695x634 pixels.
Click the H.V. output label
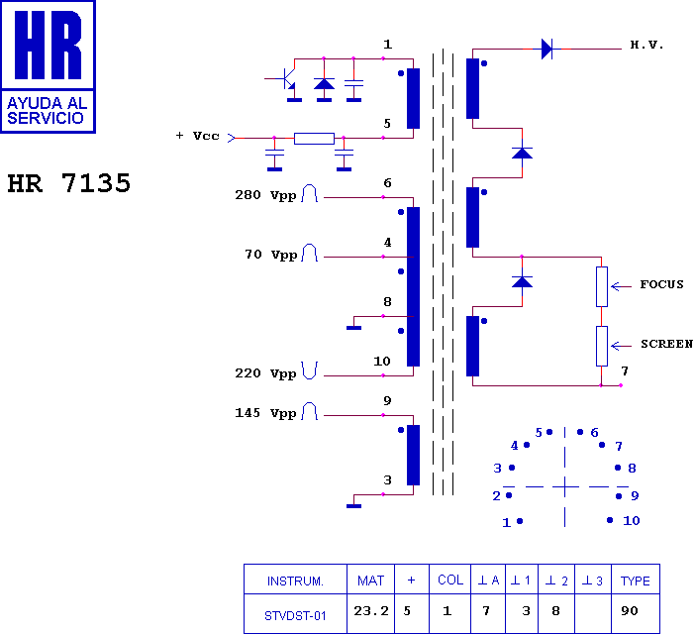click(x=646, y=45)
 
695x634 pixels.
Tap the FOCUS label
click(x=661, y=284)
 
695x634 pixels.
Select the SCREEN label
click(x=666, y=344)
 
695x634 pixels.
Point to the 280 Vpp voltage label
click(x=265, y=195)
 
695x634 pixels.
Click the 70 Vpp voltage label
click(x=271, y=255)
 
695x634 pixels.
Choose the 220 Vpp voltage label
click(x=265, y=373)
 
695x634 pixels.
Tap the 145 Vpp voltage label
click(x=265, y=413)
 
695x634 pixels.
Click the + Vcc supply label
click(x=198, y=136)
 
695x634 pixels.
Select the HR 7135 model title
click(x=69, y=183)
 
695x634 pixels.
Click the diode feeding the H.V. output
click(x=546, y=49)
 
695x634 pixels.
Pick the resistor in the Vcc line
click(x=314, y=139)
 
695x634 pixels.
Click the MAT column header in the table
click(x=370, y=581)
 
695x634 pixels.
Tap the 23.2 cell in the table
click(x=371, y=611)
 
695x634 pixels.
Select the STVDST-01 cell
click(x=295, y=616)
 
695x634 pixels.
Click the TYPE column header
click(x=636, y=581)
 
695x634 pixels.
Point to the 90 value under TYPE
click(x=630, y=611)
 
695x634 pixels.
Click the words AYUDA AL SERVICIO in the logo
click(x=47, y=110)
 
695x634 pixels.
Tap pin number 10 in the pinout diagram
click(x=632, y=520)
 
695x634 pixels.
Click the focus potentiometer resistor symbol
click(x=602, y=287)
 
